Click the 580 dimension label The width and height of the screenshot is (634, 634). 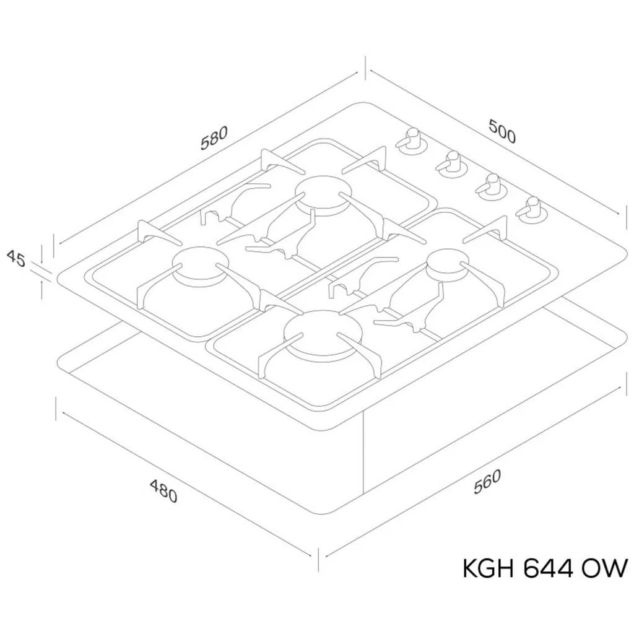(215, 138)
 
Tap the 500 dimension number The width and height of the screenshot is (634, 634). (502, 131)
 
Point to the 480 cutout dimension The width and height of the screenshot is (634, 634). (163, 491)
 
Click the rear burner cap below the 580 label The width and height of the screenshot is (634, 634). (323, 196)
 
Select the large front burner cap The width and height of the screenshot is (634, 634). (323, 334)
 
